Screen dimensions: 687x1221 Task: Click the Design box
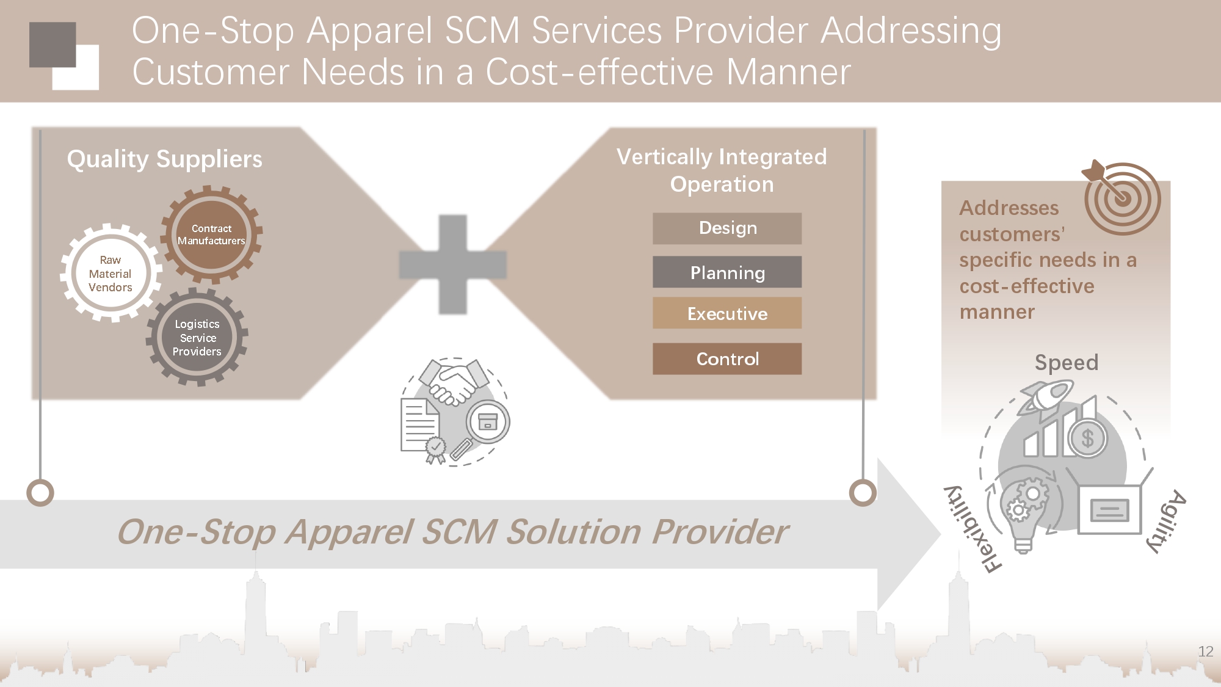click(727, 228)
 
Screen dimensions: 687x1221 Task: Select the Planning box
click(727, 272)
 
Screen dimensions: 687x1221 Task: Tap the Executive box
click(727, 313)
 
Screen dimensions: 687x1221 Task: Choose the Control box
click(727, 358)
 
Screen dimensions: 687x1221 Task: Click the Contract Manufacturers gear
click(211, 234)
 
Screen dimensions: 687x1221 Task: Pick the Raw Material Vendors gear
click(111, 274)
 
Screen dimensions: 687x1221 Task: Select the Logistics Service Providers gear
click(197, 337)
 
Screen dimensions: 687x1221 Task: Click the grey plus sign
click(453, 264)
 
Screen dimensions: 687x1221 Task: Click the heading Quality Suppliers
click(164, 159)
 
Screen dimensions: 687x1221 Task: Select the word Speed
click(1066, 363)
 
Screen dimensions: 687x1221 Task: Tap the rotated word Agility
click(1167, 520)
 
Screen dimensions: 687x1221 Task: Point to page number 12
click(1205, 652)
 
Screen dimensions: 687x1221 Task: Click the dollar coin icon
click(1087, 438)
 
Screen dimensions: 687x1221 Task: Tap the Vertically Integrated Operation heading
click(722, 170)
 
